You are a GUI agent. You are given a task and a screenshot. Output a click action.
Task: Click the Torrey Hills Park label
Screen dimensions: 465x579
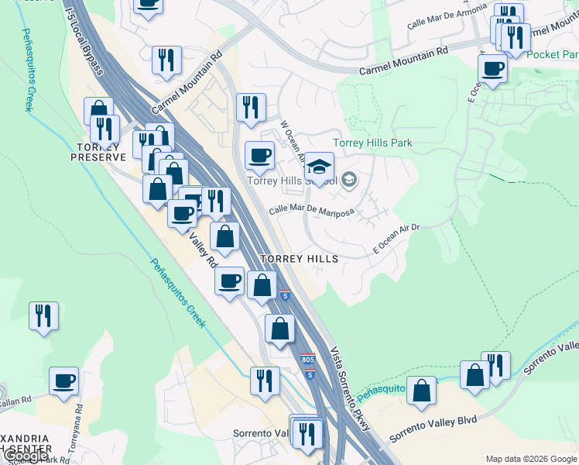(x=372, y=143)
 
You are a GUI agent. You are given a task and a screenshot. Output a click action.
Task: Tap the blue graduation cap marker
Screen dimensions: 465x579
(x=319, y=167)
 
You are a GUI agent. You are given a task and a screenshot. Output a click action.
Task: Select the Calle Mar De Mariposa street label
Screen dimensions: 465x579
(x=311, y=211)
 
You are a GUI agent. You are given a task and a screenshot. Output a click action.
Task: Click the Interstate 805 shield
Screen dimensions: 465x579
(x=308, y=360)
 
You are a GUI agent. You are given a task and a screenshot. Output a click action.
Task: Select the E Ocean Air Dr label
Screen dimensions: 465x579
(x=396, y=239)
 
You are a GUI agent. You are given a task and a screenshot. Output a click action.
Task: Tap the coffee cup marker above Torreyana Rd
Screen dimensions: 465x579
(x=64, y=381)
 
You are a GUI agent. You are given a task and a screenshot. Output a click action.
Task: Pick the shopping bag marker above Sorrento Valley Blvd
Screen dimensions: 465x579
(x=422, y=391)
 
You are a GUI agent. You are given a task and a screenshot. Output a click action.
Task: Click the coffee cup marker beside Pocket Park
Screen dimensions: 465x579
(x=492, y=69)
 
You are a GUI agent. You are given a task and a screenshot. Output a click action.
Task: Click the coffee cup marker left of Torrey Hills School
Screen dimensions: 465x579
(x=259, y=155)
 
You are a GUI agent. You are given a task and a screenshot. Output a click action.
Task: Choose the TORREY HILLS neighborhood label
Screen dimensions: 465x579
(x=300, y=258)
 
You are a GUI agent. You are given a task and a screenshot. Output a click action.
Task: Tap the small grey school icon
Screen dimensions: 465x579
(x=349, y=181)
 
